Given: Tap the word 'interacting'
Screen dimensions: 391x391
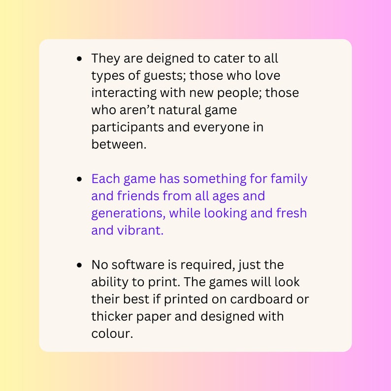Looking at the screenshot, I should [122, 93].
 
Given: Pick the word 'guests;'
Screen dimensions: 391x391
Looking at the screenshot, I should [163, 76].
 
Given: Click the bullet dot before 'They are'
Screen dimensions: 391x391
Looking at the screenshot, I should [80, 59].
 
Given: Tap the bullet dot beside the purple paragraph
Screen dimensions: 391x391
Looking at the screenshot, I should [80, 179].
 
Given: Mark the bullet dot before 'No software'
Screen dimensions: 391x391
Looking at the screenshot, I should [80, 265].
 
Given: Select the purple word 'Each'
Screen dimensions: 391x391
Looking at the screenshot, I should [102, 179].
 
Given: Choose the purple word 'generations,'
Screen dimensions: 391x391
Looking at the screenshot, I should [124, 213].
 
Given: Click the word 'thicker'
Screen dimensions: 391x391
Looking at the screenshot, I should [111, 316].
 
